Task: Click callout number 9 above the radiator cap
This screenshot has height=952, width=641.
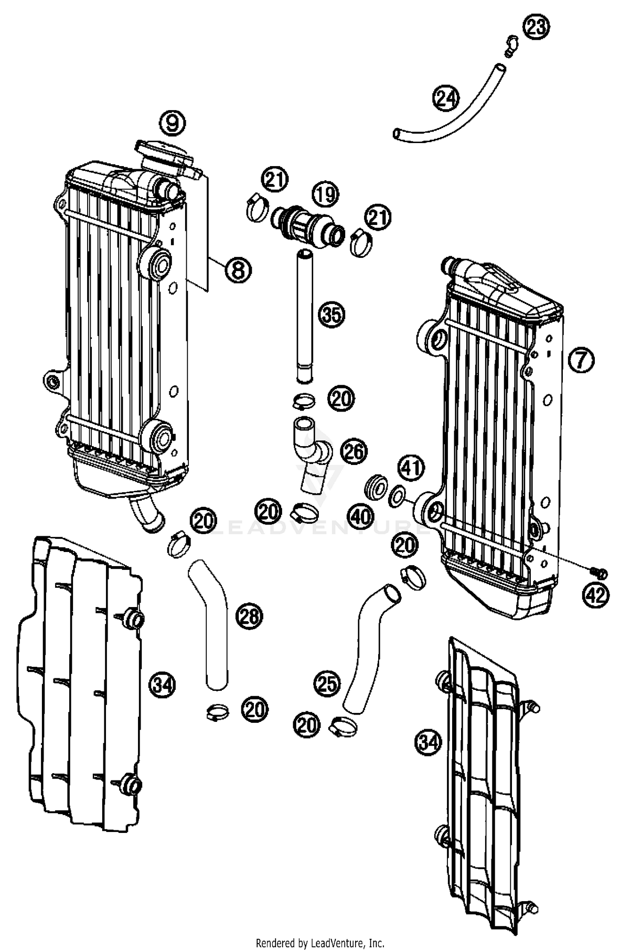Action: click(x=173, y=124)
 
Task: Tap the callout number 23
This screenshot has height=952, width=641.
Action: click(x=536, y=27)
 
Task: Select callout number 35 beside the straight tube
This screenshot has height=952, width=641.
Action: click(x=332, y=315)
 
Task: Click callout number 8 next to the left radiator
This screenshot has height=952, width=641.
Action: click(x=238, y=269)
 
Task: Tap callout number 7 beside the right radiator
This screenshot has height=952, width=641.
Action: click(x=581, y=360)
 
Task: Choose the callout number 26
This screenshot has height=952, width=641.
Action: click(x=353, y=452)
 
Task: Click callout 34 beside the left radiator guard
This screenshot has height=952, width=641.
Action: click(x=162, y=686)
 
